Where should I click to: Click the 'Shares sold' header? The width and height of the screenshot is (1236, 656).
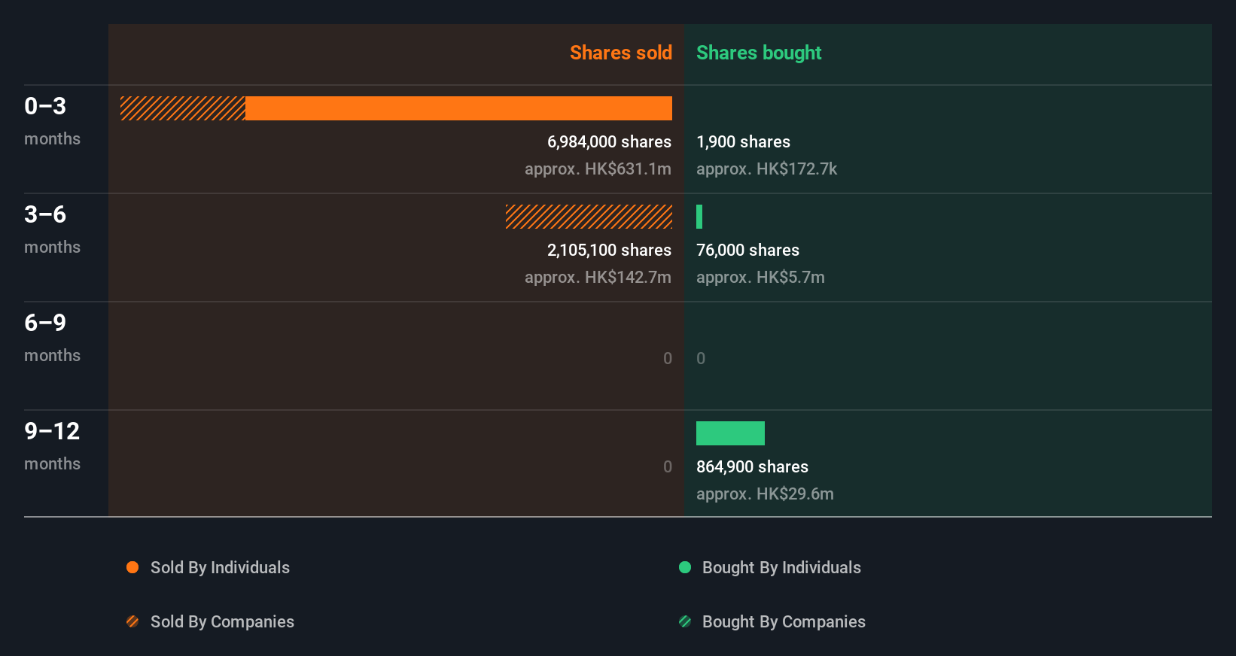(620, 53)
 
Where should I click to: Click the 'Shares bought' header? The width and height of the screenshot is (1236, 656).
(758, 53)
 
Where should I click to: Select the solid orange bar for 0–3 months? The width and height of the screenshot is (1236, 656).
(458, 108)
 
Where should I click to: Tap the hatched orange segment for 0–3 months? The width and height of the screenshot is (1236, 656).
(183, 108)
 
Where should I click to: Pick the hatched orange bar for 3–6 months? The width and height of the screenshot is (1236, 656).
(589, 217)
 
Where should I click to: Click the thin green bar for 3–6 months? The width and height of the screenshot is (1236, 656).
(699, 217)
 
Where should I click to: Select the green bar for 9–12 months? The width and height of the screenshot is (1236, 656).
(730, 433)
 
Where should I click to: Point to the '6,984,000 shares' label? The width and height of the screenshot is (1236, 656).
(609, 141)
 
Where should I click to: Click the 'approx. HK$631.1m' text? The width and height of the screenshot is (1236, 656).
(598, 169)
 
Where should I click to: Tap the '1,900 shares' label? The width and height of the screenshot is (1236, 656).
(743, 141)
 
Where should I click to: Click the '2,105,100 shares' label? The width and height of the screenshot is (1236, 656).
(609, 250)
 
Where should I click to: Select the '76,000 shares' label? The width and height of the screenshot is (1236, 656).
(747, 250)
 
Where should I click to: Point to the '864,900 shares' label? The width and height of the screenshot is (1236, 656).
(752, 466)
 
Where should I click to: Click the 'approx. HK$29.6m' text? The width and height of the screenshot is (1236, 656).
(765, 494)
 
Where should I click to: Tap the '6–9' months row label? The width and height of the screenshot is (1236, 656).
(45, 323)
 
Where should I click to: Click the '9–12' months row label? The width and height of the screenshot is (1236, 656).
(52, 431)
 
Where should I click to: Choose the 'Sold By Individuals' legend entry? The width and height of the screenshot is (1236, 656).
(219, 567)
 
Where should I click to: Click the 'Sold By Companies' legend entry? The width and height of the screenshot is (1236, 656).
(221, 621)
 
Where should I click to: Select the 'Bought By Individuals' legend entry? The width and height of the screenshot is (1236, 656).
(781, 567)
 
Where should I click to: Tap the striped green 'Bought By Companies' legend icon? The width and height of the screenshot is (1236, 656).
(685, 621)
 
